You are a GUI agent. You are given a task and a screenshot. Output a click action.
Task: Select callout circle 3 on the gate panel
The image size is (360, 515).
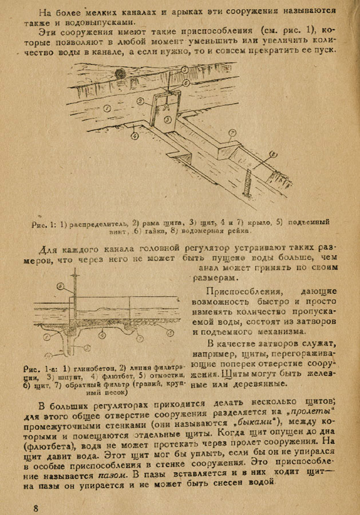point(167,118)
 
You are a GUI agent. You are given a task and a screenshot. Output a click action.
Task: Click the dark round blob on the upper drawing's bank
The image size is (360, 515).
point(120,73)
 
